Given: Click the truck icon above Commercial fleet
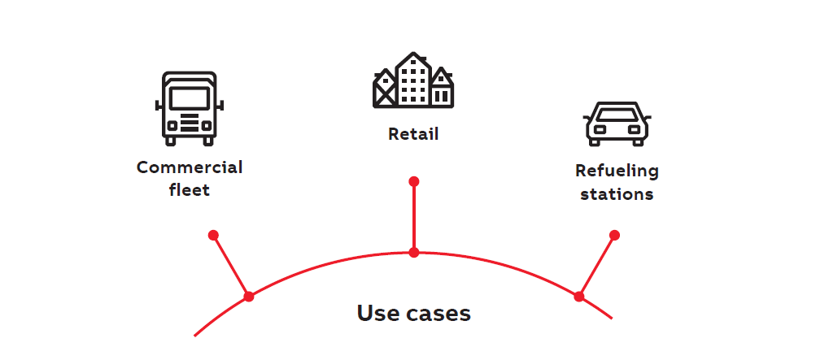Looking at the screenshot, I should pyautogui.click(x=190, y=108).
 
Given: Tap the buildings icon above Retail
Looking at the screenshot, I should pyautogui.click(x=413, y=80).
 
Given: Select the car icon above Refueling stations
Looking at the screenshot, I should pyautogui.click(x=617, y=124).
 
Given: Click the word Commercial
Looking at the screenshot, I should pyautogui.click(x=190, y=168).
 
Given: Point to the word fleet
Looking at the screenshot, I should pyautogui.click(x=190, y=190).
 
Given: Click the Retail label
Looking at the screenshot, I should pyautogui.click(x=413, y=134).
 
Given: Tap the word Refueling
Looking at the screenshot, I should pyautogui.click(x=617, y=171).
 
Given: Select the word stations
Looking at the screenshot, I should pyautogui.click(x=617, y=194).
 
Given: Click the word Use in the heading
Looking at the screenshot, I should pyautogui.click(x=377, y=313).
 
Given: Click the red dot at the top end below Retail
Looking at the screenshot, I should pyautogui.click(x=414, y=180).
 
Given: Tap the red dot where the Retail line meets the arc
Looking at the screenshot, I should pyautogui.click(x=414, y=253).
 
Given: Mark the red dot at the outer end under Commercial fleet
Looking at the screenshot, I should pyautogui.click(x=213, y=235).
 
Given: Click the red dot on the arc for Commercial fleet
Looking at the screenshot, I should pyautogui.click(x=249, y=297).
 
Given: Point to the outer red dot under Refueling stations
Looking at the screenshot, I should pyautogui.click(x=614, y=235).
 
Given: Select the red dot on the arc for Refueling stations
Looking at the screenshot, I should pyautogui.click(x=578, y=297).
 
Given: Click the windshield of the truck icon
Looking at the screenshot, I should pyautogui.click(x=190, y=98).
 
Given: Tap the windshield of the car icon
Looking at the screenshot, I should pyautogui.click(x=617, y=113).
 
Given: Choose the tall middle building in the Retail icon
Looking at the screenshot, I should pyautogui.click(x=413, y=80).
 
